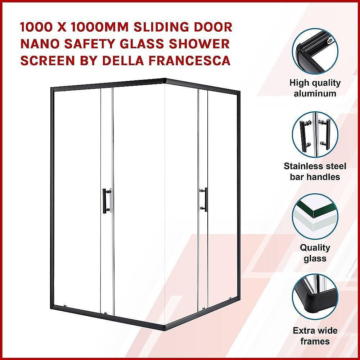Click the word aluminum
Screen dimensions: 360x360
pos(315,94)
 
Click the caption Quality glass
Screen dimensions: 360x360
pos(315,253)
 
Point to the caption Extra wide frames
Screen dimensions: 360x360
pos(315,336)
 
